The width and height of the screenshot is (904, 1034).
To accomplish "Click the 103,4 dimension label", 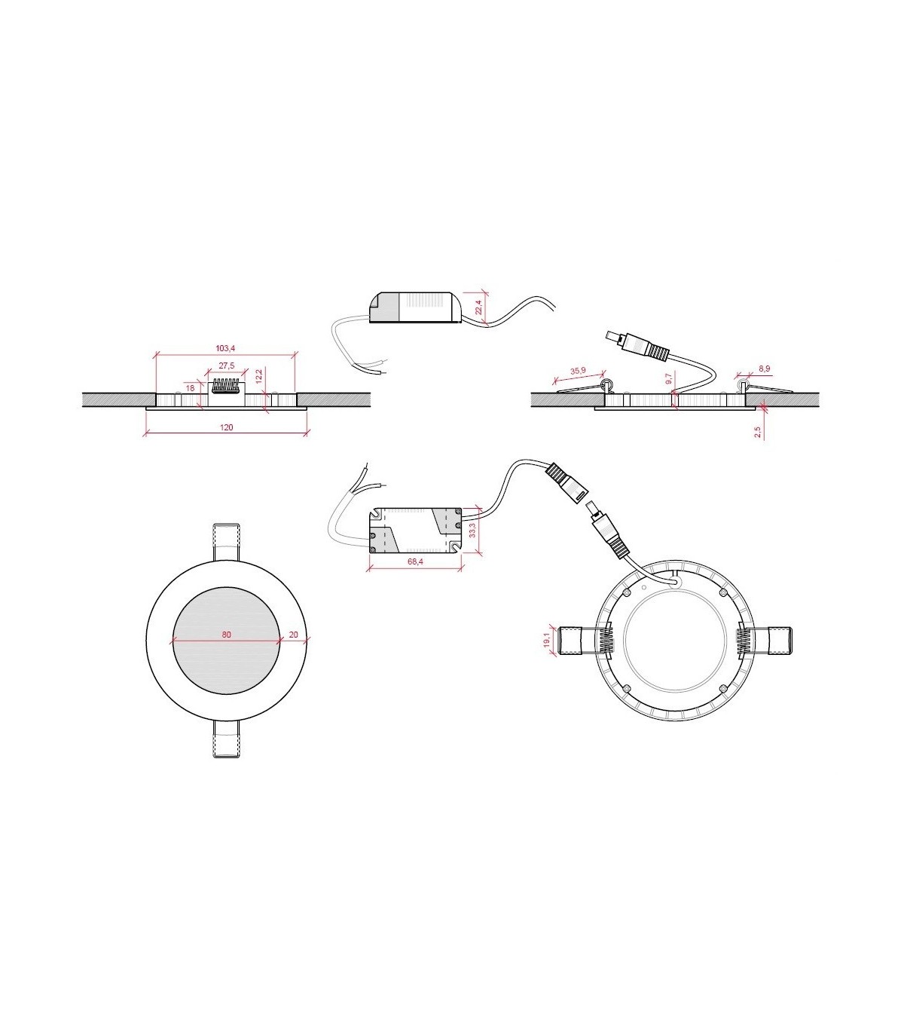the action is (x=225, y=348).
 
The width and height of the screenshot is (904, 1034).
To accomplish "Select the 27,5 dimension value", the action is (x=226, y=366).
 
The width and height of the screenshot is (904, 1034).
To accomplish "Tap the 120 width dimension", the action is (x=227, y=427).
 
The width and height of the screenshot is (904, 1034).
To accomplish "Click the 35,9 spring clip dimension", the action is (x=579, y=372).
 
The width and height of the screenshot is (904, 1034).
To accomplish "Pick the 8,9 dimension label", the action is (x=765, y=369).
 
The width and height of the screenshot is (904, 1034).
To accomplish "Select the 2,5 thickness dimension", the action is (x=758, y=432).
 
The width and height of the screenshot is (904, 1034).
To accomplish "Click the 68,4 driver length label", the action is (x=414, y=562).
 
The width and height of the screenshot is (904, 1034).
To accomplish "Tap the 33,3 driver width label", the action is (x=472, y=531).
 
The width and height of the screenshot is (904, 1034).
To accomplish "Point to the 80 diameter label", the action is (x=226, y=635).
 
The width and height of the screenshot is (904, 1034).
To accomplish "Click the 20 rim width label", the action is (x=293, y=635).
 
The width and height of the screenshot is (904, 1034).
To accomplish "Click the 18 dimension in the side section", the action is (x=190, y=388).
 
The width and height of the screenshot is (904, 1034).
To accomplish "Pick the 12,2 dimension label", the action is (x=259, y=377).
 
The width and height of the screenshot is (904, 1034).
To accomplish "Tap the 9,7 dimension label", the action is (x=669, y=379).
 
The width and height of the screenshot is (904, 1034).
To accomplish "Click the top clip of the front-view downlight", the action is (x=226, y=542).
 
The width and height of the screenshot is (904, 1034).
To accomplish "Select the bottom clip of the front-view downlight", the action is (x=226, y=739).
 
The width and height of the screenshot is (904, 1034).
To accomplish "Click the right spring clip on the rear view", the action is (x=765, y=640).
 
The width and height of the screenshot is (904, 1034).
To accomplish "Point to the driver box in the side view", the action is (x=414, y=307).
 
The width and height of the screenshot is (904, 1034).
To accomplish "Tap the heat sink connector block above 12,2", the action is (x=228, y=386).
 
